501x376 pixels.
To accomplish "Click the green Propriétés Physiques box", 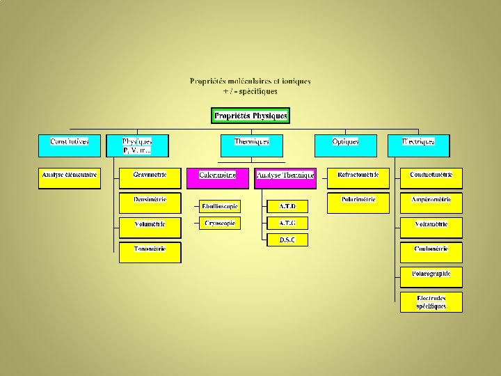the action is [250, 116].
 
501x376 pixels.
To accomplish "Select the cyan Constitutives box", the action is [70, 145].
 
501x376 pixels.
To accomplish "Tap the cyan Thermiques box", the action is [251, 145].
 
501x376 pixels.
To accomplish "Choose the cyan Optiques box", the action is [345, 145].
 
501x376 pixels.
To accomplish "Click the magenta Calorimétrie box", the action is [217, 178].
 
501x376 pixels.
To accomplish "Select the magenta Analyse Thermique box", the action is [285, 178].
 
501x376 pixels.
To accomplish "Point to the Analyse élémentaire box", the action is [70, 178].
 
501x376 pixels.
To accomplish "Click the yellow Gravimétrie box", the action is [150, 178].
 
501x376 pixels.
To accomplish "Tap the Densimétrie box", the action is [150, 203].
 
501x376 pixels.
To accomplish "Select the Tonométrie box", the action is [150, 252].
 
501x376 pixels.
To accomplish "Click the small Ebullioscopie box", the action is [219, 206].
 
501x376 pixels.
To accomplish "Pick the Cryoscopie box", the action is [219, 224].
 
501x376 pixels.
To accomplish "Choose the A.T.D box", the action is [287, 206].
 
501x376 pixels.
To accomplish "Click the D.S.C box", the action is [287, 240].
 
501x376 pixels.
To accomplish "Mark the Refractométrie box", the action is [358, 178].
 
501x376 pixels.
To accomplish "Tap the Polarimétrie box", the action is [358, 203].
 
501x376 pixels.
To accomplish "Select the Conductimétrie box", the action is [431, 178].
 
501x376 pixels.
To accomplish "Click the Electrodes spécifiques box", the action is [431, 302].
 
